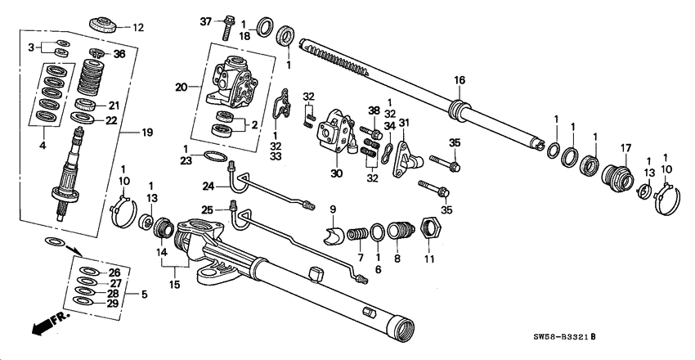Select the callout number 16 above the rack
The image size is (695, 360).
click(460, 79)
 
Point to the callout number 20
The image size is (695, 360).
click(181, 86)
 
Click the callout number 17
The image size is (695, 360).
click(628, 148)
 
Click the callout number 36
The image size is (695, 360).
click(119, 55)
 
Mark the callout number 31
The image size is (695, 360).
click(403, 123)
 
